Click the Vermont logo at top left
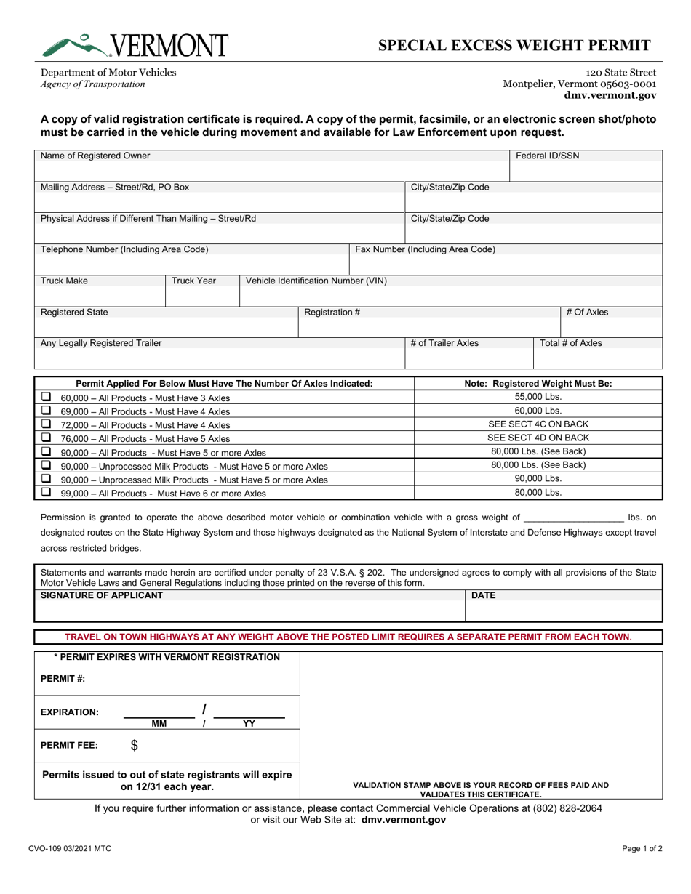[135, 45]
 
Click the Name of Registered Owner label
[95, 156]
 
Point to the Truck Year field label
[193, 281]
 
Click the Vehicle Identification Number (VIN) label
[316, 281]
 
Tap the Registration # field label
[332, 313]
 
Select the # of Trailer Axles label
[444, 343]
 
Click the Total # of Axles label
[570, 343]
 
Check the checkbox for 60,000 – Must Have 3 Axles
[46, 398]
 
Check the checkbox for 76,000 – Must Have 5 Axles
[46, 438]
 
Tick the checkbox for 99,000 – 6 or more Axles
[46, 492]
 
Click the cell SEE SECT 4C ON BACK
[538, 424]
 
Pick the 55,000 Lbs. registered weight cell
[538, 397]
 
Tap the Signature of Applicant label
[102, 595]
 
